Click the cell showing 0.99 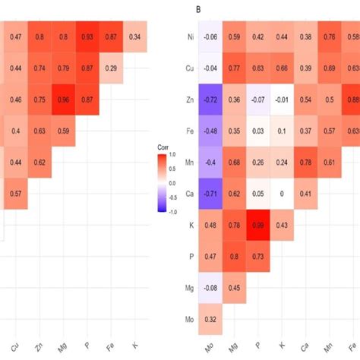[x=260, y=226]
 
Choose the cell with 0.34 [x=134, y=36]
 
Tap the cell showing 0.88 [x=352, y=99]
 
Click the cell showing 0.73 [x=260, y=257]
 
